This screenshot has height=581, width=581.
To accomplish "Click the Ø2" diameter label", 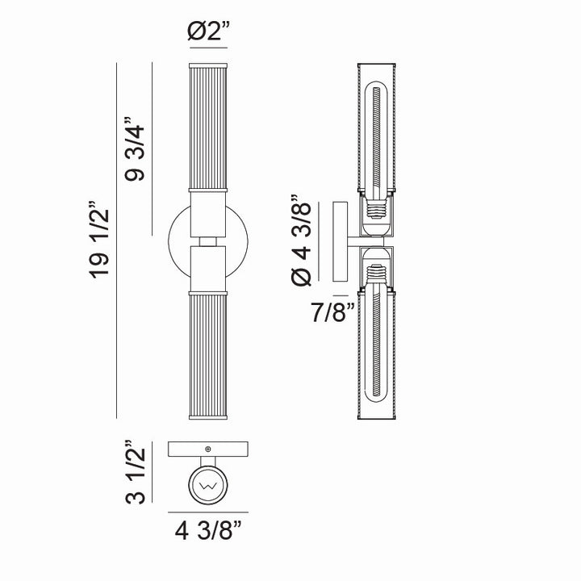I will [x=209, y=34].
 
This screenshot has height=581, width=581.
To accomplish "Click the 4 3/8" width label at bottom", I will [x=209, y=533].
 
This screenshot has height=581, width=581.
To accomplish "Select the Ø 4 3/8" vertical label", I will [x=300, y=240].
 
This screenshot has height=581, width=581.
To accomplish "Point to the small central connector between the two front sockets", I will [x=209, y=240].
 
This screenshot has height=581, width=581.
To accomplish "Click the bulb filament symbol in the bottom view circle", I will [x=209, y=486].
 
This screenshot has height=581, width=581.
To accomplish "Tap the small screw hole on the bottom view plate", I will [x=209, y=449].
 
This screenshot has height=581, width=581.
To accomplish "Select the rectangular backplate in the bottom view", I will [x=209, y=449].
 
